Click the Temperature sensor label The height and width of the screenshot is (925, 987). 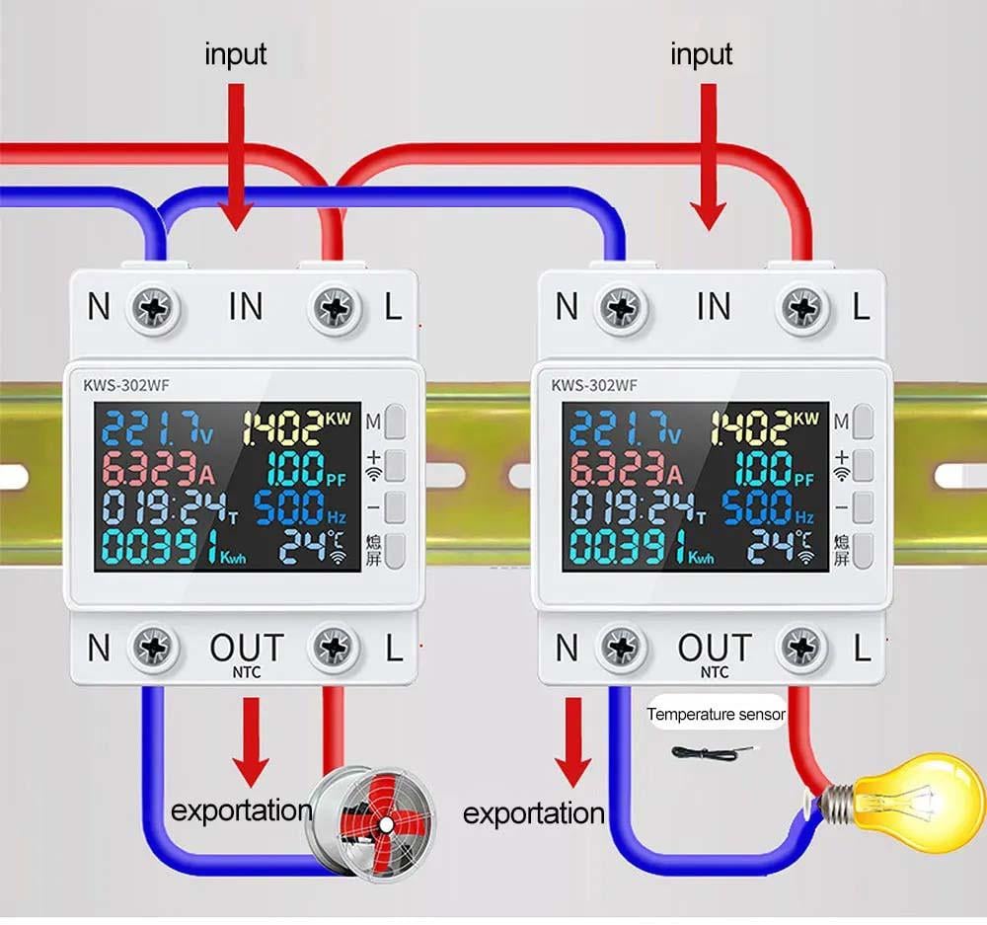click(x=716, y=714)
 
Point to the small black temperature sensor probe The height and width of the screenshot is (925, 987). click(x=704, y=753)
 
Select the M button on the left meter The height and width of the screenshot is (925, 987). click(x=396, y=423)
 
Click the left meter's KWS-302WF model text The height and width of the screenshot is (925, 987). click(x=114, y=385)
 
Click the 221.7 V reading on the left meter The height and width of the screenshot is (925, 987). click(x=158, y=428)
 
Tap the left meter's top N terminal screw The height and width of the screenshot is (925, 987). click(x=156, y=309)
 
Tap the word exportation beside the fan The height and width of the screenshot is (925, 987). click(x=241, y=811)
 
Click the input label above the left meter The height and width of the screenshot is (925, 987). click(x=235, y=54)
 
